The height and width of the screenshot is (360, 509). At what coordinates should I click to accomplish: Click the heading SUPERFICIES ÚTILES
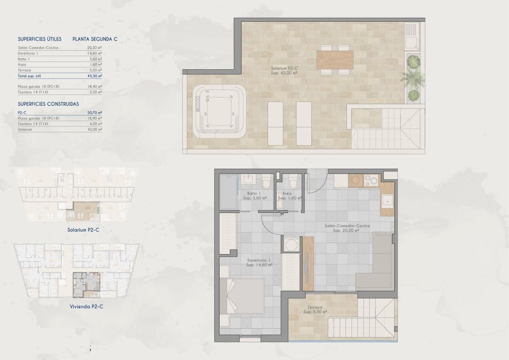click(40, 39)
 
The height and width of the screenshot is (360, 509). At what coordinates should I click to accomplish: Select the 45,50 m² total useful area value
click(95, 75)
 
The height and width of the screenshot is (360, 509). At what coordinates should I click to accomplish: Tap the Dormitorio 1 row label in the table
click(28, 53)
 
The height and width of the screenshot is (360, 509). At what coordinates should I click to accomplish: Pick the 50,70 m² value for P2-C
click(95, 113)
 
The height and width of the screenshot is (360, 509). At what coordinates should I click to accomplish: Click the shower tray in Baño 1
click(228, 193)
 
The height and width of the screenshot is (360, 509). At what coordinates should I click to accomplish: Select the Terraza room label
click(315, 307)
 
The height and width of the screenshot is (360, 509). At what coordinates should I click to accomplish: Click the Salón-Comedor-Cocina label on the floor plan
click(347, 226)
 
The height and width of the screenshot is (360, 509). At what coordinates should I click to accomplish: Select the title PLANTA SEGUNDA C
click(95, 39)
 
